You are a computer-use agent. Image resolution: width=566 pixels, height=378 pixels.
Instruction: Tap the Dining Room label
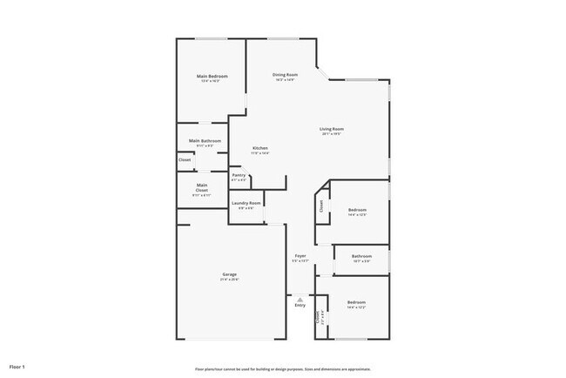coord(285,75)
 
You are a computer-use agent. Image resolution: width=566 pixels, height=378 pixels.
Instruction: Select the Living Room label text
coord(331,129)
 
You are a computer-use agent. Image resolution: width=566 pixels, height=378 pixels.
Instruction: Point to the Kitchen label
coord(259,148)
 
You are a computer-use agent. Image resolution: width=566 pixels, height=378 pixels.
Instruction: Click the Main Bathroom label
coord(205,140)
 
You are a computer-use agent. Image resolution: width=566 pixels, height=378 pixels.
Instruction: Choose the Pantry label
coord(239,175)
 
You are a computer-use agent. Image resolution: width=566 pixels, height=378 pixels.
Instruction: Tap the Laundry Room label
coord(246,203)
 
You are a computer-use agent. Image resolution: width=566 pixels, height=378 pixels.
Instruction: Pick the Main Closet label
coord(201,186)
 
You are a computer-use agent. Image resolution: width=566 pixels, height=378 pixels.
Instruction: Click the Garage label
coord(229,274)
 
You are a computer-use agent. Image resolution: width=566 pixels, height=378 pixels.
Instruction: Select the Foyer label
coord(300,255)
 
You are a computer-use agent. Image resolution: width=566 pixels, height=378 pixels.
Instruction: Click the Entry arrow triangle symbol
coord(300,298)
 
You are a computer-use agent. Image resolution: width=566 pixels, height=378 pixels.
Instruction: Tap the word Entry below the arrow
coord(300,305)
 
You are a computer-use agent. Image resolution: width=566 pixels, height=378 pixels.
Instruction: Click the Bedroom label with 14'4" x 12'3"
coord(357,209)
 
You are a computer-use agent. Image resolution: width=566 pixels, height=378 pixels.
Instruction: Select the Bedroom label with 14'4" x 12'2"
coord(357,302)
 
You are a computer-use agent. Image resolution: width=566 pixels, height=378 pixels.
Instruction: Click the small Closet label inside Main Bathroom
coord(185,159)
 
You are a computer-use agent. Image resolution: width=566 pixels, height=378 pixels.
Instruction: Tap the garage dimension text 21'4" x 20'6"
coord(229,280)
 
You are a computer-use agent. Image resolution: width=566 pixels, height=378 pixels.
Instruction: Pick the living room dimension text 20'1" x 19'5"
coord(331,134)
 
